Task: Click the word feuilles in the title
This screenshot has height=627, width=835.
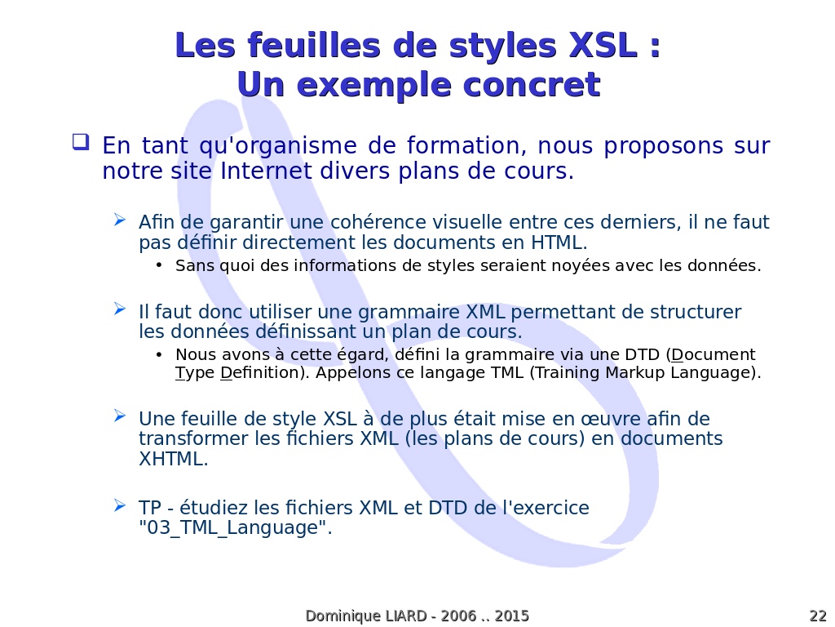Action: (314, 45)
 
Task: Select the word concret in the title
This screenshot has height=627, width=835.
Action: (532, 85)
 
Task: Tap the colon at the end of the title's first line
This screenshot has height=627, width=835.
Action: (655, 47)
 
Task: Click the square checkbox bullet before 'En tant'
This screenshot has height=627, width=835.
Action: (81, 142)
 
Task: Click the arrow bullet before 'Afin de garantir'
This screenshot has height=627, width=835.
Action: (120, 220)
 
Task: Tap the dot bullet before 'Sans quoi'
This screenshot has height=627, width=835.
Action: (159, 265)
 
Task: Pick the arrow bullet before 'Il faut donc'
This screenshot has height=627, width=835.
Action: (120, 309)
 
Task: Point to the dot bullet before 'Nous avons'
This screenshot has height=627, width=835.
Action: (159, 354)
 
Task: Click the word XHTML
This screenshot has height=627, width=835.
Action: (173, 459)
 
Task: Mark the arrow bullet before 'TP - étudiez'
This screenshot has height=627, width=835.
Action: (120, 505)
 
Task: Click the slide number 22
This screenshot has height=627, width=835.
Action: (818, 616)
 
